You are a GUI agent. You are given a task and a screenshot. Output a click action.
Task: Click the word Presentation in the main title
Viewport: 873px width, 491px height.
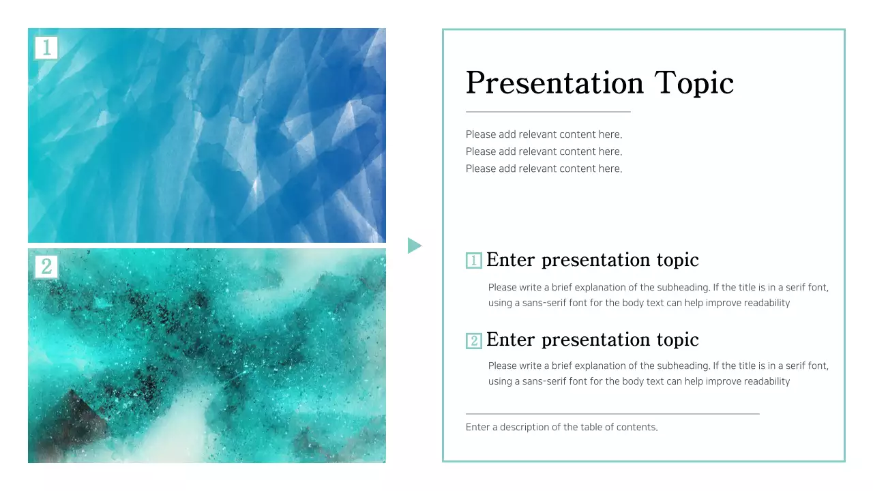click(554, 83)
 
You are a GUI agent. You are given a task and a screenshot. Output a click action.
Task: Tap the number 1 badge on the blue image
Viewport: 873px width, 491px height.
click(46, 48)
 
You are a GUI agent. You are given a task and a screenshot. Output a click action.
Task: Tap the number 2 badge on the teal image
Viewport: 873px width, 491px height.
click(46, 267)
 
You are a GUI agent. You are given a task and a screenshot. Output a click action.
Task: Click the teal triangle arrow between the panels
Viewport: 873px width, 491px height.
click(414, 245)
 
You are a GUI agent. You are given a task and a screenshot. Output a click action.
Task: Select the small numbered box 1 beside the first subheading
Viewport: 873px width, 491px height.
click(473, 261)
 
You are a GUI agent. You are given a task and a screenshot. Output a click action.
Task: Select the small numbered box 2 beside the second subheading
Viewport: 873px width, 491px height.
click(473, 340)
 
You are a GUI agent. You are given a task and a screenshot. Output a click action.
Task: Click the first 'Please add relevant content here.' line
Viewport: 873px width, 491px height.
click(544, 134)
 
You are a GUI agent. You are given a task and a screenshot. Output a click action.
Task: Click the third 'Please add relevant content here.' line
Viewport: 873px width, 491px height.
click(544, 168)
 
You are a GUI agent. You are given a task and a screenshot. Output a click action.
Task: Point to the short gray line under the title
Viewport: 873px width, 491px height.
click(548, 111)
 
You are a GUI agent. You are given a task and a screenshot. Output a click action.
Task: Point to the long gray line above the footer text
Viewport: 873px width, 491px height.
click(612, 413)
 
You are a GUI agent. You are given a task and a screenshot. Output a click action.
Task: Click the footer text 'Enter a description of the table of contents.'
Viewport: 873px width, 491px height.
click(561, 428)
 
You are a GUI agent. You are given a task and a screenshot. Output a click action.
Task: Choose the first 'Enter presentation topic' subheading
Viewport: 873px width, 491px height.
click(592, 260)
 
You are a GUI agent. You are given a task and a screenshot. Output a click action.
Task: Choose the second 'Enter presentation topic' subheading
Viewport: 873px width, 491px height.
click(592, 340)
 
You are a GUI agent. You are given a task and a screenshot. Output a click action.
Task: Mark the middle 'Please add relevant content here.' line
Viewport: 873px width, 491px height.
click(544, 151)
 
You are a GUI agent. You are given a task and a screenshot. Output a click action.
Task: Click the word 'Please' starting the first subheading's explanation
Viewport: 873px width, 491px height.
click(502, 288)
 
